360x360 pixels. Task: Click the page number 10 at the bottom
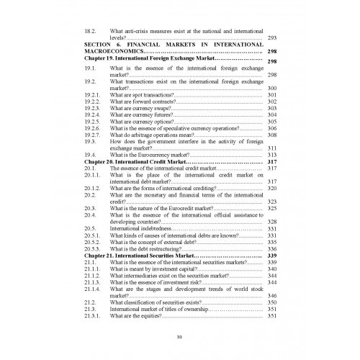pos(179,336)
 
